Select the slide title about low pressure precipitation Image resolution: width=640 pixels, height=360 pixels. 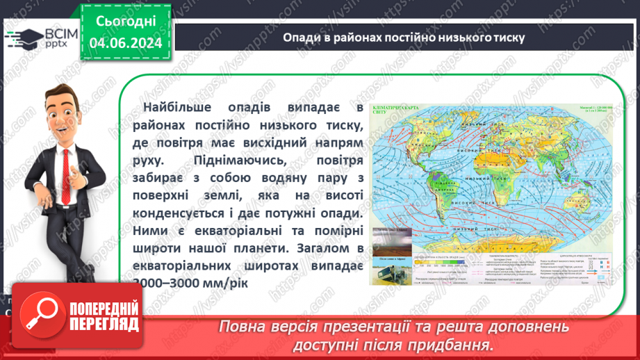pyautogui.click(x=403, y=37)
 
